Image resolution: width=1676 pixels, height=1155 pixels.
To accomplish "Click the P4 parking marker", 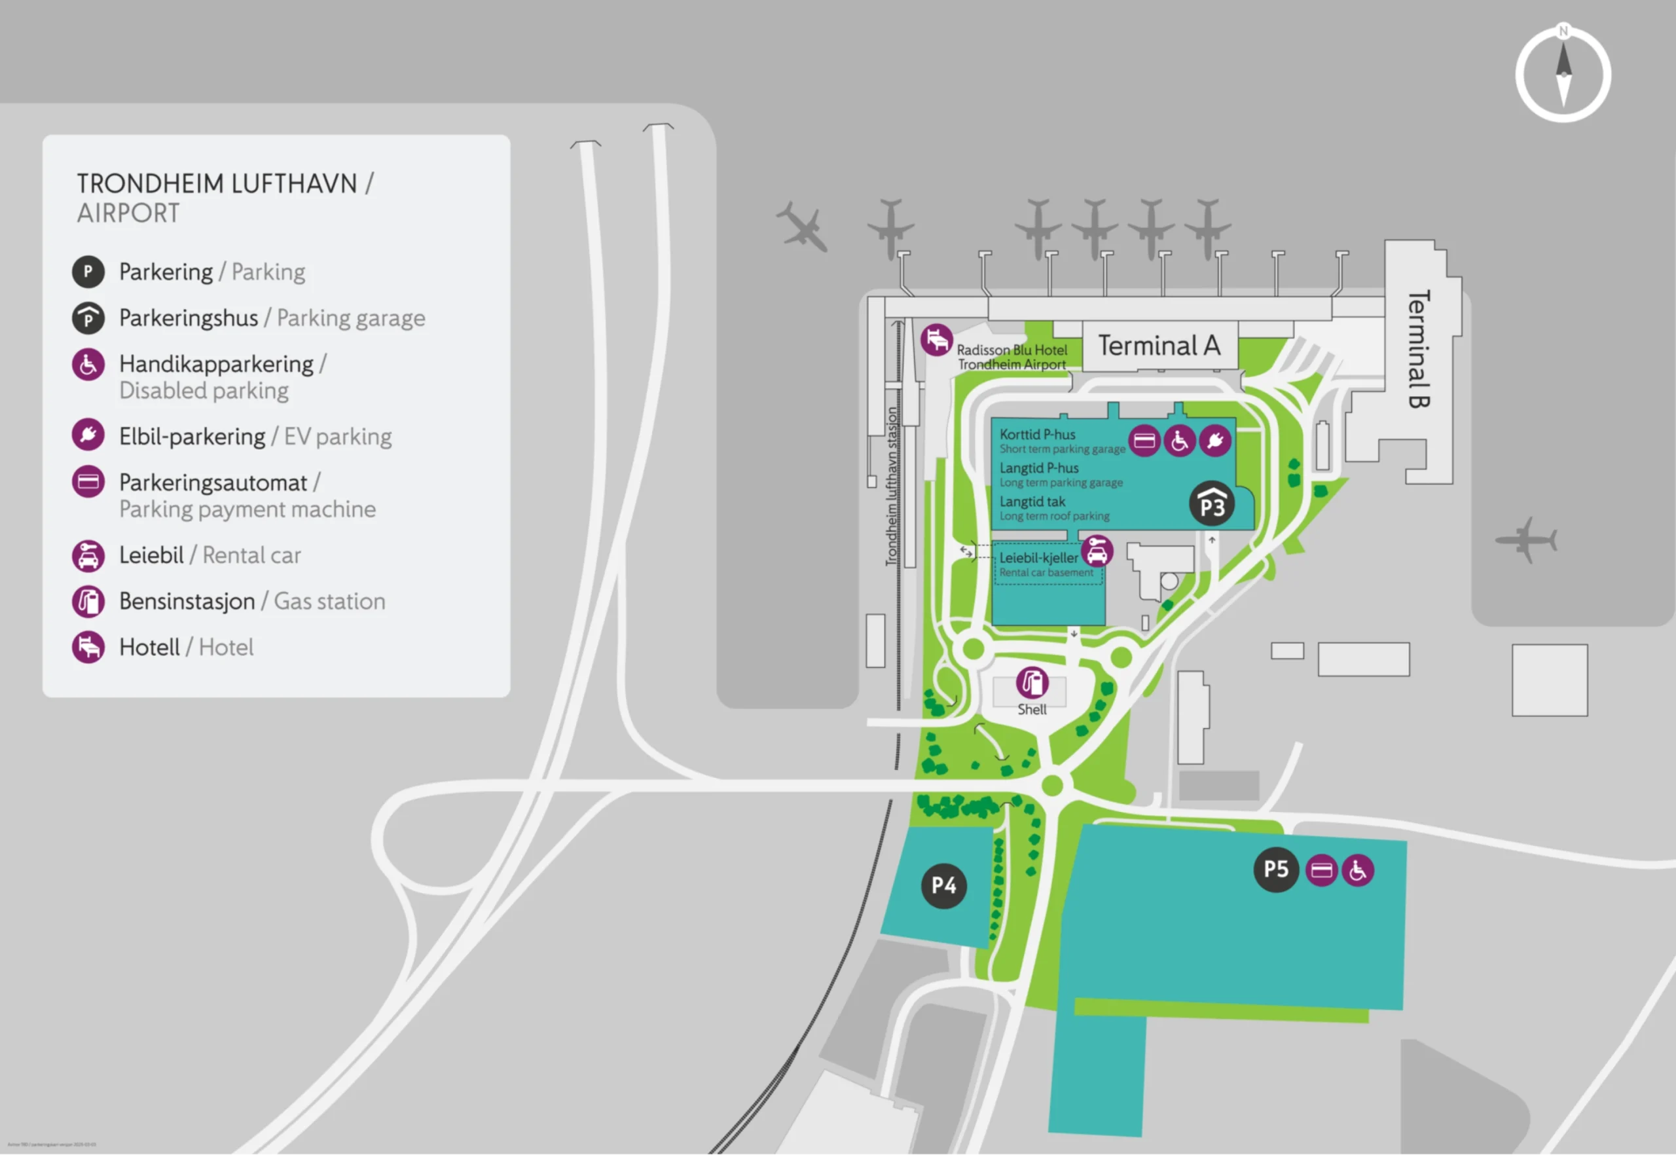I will (943, 885).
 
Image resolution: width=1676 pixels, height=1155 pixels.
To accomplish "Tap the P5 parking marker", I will (1276, 869).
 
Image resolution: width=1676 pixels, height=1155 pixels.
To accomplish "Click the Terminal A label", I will (1159, 346).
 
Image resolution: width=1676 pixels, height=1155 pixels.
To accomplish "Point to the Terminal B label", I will (1418, 349).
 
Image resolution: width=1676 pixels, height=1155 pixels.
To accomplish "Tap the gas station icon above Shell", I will (1032, 682).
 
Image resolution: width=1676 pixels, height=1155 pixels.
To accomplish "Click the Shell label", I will (1032, 710).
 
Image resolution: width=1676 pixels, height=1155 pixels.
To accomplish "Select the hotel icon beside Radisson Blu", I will (936, 339).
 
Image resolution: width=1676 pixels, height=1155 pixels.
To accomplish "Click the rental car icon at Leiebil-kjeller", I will (1097, 551).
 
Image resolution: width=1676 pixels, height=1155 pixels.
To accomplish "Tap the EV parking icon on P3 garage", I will (1215, 440).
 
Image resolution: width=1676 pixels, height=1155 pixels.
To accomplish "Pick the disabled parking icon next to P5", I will (1358, 870).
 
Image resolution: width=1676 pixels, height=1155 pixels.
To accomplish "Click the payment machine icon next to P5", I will (1321, 870).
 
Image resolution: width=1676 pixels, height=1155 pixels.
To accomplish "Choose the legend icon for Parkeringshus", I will (88, 318).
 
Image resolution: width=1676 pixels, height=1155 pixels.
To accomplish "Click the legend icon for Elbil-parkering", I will (88, 435).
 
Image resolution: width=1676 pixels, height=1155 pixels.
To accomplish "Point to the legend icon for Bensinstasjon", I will (88, 601).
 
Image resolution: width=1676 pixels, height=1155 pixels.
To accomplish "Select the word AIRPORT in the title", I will (128, 213).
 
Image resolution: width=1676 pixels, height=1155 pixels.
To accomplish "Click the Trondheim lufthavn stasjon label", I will (892, 486).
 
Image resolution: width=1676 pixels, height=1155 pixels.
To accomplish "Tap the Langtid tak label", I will (1032, 502).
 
